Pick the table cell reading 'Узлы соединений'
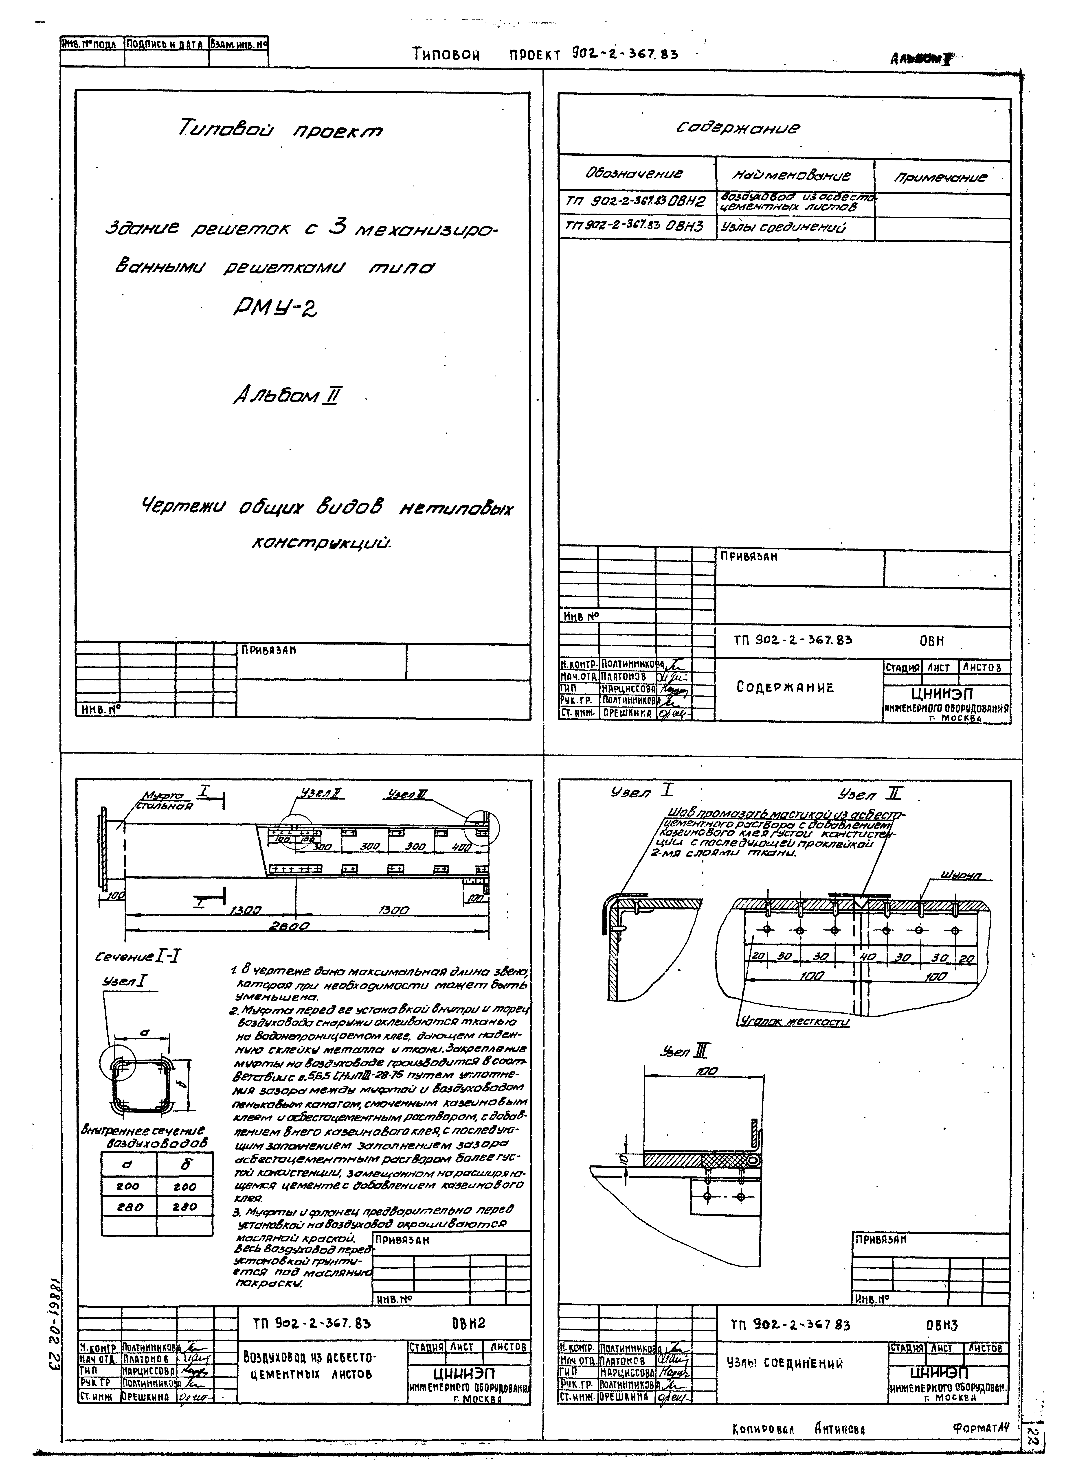783,227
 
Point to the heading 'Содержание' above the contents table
738,128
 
